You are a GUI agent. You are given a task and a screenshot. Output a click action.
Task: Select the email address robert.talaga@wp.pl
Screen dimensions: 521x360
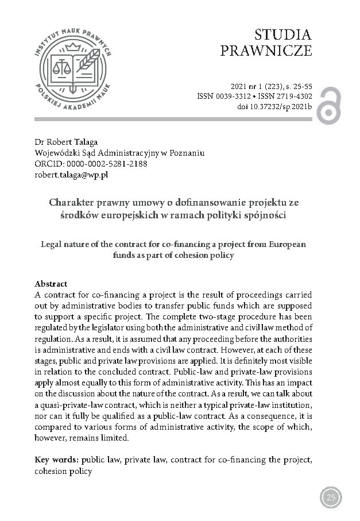(x=72, y=175)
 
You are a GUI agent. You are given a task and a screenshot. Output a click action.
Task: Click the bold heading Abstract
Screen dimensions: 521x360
(x=51, y=284)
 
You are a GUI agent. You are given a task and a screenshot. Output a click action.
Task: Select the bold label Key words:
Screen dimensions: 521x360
(x=57, y=460)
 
